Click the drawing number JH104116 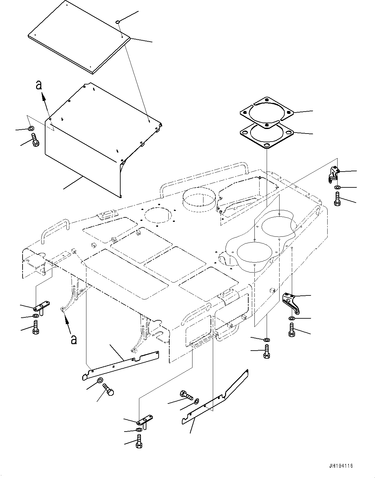341,466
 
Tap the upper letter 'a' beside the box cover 39,85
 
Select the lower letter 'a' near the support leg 74,339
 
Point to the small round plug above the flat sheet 118,22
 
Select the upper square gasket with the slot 266,111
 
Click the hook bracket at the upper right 333,174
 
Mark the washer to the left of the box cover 31,129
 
